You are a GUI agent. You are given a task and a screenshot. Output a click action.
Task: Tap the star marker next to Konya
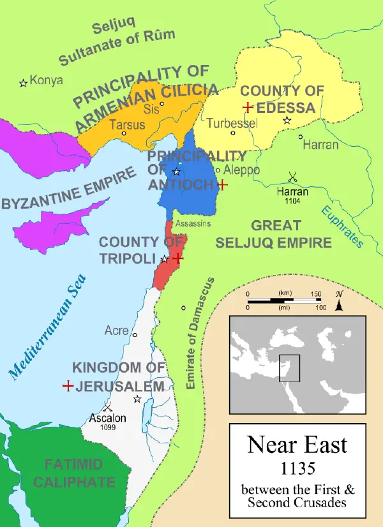tap(23, 82)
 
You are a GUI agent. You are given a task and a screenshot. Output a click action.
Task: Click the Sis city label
tap(151, 109)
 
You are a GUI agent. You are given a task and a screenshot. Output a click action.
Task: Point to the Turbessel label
tap(232, 122)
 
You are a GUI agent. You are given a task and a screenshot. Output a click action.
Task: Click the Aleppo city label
tap(242, 170)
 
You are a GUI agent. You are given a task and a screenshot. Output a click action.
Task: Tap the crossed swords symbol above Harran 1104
tap(292, 177)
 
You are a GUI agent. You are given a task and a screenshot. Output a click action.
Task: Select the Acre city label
tap(116, 330)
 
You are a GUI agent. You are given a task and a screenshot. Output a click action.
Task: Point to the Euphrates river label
tap(342, 226)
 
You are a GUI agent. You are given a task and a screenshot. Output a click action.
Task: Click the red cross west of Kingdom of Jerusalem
tap(67, 386)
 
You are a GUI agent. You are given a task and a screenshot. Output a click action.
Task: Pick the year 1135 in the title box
tap(297, 469)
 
